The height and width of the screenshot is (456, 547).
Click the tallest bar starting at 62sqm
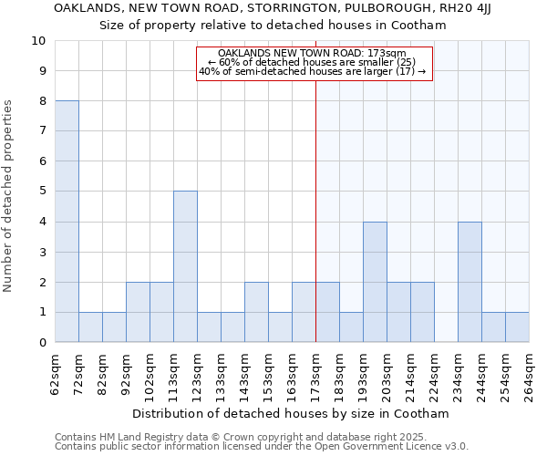pos(67,222)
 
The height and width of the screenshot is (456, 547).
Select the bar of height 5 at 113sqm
pos(185,266)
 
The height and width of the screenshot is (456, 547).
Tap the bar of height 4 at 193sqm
pos(375,282)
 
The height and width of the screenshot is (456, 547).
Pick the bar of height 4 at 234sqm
pos(470,282)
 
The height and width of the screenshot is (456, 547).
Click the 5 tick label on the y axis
pos(42,192)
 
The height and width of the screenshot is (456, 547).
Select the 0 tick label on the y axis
pos(42,343)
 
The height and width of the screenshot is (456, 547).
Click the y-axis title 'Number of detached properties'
pos(8,197)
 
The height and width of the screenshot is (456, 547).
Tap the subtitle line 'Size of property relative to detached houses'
pos(273,26)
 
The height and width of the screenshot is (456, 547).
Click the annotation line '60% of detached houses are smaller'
pos(312,62)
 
